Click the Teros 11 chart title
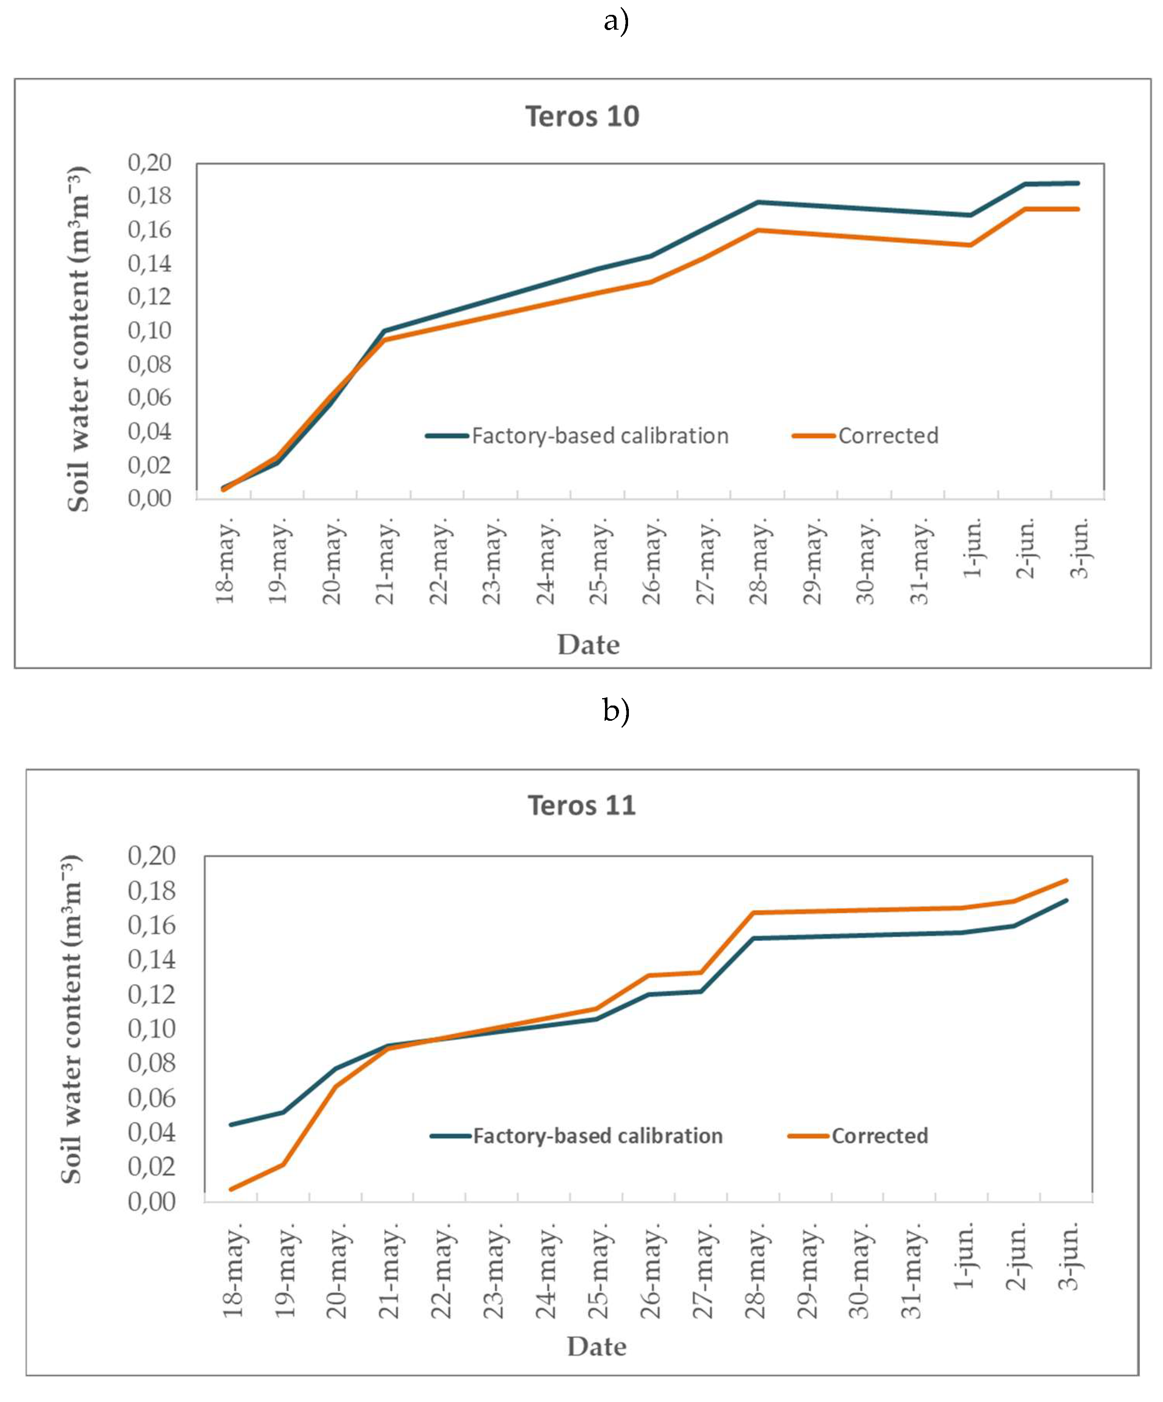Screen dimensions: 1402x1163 pyautogui.click(x=582, y=805)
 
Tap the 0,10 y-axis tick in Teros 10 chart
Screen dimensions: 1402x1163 pyautogui.click(x=150, y=330)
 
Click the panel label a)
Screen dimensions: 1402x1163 pyautogui.click(x=616, y=21)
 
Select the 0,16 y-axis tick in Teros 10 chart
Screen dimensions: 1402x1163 pyautogui.click(x=150, y=230)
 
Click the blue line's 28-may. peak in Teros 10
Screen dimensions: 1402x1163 pyautogui.click(x=757, y=202)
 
